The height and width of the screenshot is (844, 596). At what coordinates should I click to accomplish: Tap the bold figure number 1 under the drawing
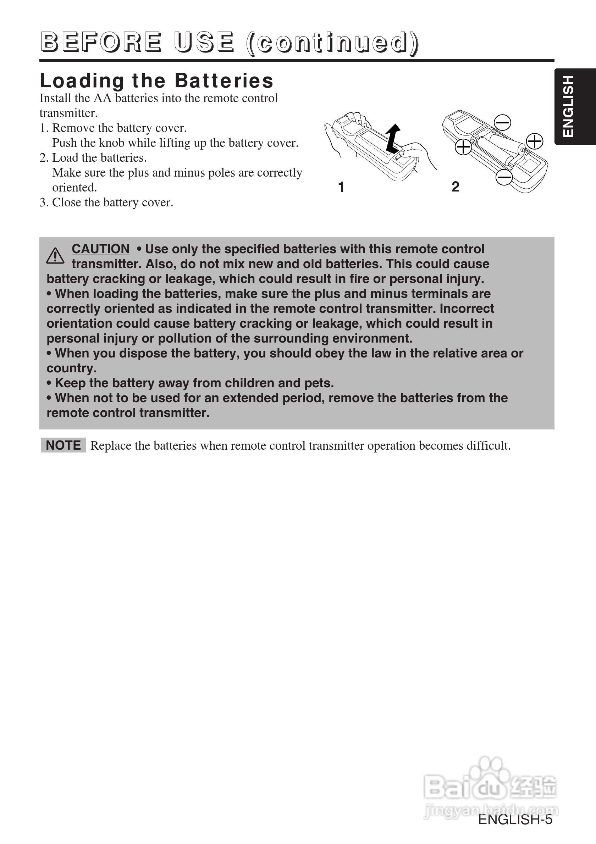[x=341, y=187]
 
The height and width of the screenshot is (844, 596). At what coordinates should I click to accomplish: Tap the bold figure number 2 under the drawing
[x=455, y=187]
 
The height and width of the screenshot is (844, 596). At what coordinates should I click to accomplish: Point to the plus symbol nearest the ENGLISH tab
[x=535, y=141]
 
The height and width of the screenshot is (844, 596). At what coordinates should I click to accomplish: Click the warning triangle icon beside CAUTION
[x=55, y=256]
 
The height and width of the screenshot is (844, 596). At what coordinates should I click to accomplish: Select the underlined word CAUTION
[x=100, y=249]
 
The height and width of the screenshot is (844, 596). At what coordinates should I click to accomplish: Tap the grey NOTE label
[x=63, y=445]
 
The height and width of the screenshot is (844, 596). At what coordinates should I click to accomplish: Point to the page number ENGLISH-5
[x=515, y=820]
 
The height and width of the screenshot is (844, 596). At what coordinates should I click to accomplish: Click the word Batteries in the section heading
[x=224, y=80]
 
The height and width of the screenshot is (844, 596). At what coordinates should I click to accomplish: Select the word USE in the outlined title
[x=204, y=42]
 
